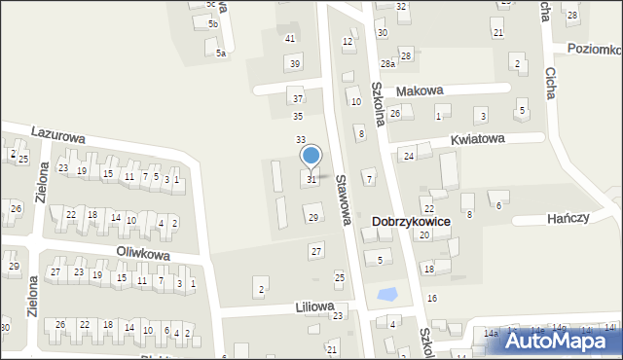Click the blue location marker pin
(x=311, y=156)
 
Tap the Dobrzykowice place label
(x=411, y=222)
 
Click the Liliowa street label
(x=314, y=306)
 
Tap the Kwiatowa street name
(x=477, y=139)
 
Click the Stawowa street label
(x=342, y=200)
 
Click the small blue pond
(x=387, y=293)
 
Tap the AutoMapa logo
(x=559, y=342)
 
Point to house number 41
(x=289, y=38)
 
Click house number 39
(x=295, y=63)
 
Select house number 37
(x=298, y=98)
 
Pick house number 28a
(x=387, y=63)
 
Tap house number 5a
(x=221, y=54)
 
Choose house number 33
(x=301, y=140)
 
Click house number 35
(x=298, y=117)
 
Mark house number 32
(x=402, y=7)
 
